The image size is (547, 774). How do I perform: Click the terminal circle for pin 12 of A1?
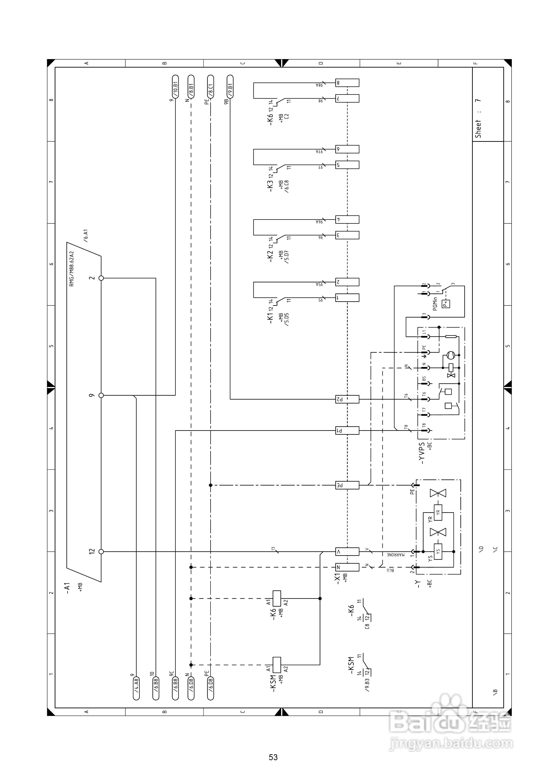click(x=101, y=552)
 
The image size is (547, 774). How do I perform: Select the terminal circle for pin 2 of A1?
click(x=101, y=278)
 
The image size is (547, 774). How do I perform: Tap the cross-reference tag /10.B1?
click(x=175, y=87)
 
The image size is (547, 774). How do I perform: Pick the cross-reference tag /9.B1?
click(x=230, y=87)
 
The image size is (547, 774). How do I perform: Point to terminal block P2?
click(x=347, y=399)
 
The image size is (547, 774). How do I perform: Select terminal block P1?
click(x=347, y=430)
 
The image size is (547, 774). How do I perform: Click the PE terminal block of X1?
click(x=347, y=485)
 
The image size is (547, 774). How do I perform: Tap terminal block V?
click(x=347, y=552)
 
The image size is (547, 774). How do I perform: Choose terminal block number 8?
click(x=347, y=83)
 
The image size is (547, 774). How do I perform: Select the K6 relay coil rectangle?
click(x=276, y=599)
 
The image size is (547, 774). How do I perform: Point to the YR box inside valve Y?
click(x=438, y=512)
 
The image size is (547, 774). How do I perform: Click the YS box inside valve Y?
click(x=438, y=552)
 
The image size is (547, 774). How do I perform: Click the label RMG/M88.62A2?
click(x=71, y=269)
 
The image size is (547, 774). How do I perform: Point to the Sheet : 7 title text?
click(x=478, y=119)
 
